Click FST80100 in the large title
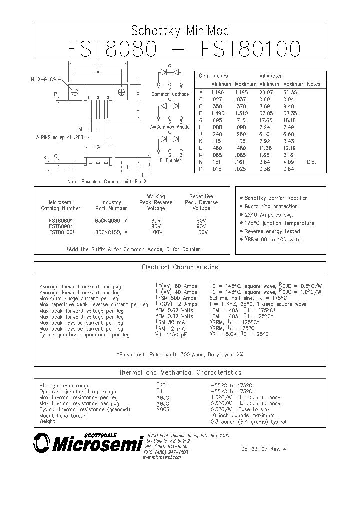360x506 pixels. tap(250, 49)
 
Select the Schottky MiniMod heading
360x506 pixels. tap(180, 31)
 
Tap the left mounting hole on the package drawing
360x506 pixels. tap(75, 92)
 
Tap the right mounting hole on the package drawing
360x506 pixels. tap(122, 92)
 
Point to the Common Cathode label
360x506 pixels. tap(170, 94)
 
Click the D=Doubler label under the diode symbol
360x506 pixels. tap(170, 160)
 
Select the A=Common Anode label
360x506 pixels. tap(170, 127)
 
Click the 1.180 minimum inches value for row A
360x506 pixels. tap(217, 93)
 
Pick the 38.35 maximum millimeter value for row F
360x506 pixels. tap(290, 113)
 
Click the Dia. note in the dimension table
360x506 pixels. tap(311, 162)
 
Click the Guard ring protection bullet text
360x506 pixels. tap(271, 206)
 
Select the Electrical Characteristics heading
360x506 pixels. tap(180, 268)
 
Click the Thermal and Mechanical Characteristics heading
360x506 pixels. tap(180, 372)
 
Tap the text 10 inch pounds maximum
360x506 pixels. tap(242, 415)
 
